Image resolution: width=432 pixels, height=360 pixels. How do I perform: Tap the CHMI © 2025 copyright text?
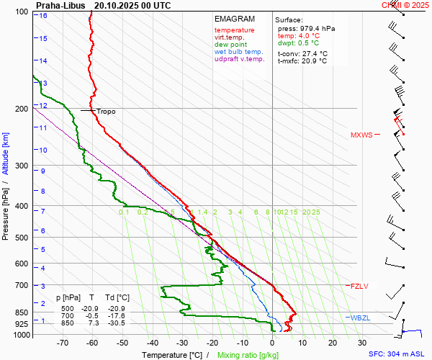[x=405, y=5]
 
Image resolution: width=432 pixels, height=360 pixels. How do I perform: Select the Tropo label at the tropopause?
[x=106, y=112]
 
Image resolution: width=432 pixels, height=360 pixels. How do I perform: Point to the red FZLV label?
[x=359, y=286]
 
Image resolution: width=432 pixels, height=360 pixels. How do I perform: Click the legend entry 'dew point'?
[x=230, y=45]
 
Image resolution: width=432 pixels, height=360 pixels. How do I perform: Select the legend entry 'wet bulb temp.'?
[x=239, y=52]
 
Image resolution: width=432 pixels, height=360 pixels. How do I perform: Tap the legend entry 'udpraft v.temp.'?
[x=240, y=59]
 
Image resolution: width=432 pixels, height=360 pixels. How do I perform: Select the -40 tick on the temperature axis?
[x=153, y=343]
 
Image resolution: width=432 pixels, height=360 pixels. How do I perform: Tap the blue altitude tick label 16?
[x=43, y=15]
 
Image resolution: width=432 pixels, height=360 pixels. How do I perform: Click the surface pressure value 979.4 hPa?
[x=316, y=28]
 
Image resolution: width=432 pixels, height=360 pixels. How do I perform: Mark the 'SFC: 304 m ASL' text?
[x=398, y=354]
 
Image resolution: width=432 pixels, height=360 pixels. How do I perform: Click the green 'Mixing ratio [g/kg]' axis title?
[x=248, y=355]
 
